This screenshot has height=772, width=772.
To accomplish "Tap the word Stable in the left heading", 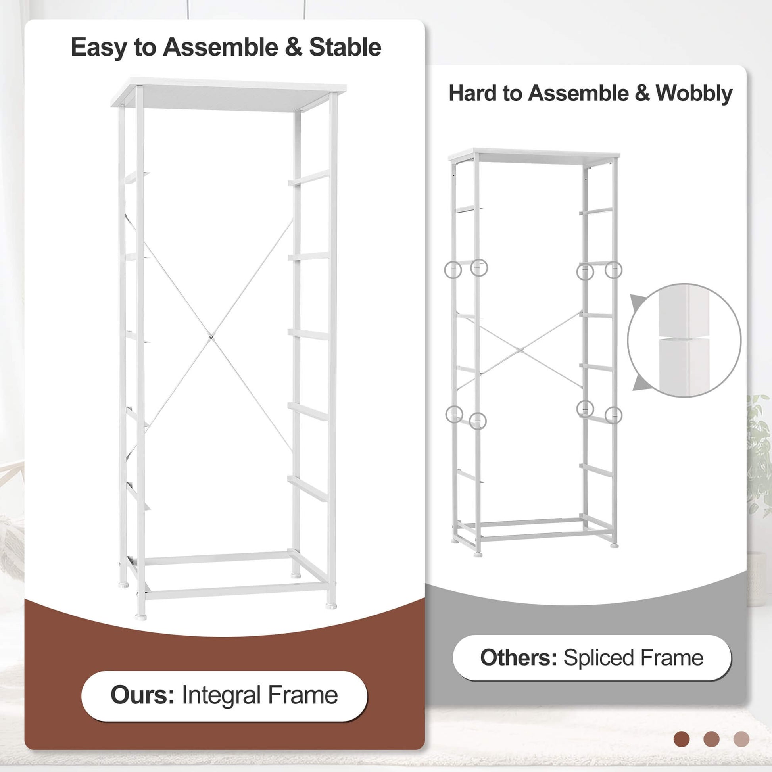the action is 345,47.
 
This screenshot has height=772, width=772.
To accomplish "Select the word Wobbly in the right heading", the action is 694,94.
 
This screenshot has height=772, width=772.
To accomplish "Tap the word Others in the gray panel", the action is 518,657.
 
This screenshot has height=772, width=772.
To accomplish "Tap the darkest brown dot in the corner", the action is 681,739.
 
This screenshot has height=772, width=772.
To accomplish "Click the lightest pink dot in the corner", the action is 741,739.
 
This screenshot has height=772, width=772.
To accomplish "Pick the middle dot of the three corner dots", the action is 711,739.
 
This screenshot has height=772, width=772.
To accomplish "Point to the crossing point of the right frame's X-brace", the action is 520,350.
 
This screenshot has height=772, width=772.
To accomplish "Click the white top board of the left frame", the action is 229,94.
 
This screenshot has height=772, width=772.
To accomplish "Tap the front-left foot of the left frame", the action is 141,616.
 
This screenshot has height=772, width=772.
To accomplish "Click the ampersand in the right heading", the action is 642,93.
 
